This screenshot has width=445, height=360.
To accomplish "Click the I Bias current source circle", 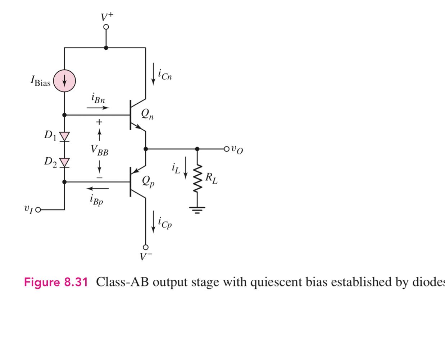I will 64,81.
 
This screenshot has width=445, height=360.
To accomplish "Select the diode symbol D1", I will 64,136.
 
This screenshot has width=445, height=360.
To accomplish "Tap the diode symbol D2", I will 64,162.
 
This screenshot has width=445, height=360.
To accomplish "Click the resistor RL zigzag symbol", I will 197,179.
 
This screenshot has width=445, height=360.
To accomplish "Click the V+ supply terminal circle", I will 106,27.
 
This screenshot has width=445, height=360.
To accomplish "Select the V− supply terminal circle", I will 146,247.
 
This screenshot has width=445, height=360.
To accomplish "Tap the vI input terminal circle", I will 38,209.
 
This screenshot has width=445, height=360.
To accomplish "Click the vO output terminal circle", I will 226,149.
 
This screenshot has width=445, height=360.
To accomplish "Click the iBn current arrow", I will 98,107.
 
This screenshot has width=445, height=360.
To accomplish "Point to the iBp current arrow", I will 98,188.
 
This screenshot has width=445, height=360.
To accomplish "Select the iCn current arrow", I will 154,74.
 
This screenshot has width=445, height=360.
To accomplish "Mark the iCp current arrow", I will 154,222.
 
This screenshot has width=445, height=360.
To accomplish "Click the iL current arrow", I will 186,167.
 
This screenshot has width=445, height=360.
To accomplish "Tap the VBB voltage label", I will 99,150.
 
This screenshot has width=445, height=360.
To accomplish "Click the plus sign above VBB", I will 99,122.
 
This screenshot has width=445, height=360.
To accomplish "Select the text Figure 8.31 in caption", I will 56,282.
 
